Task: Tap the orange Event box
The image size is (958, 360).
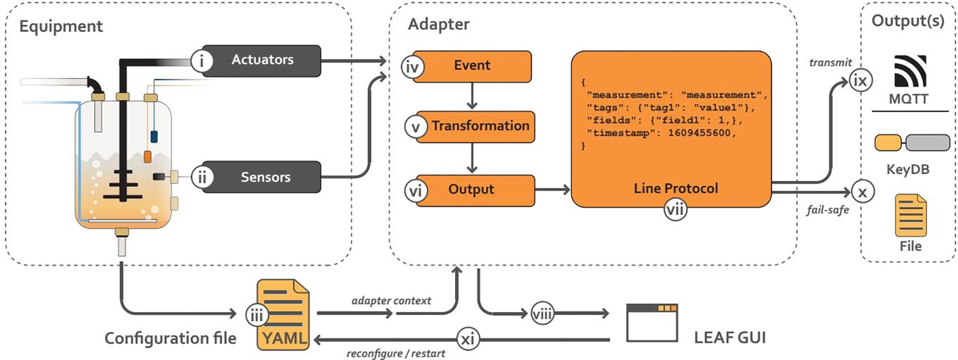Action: pyautogui.click(x=472, y=66)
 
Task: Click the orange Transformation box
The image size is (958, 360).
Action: pyautogui.click(x=475, y=127)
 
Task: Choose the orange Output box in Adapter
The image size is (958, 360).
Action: pyautogui.click(x=475, y=190)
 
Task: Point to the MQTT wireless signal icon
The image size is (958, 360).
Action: pyautogui.click(x=910, y=71)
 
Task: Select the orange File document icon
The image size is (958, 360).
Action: pyautogui.click(x=910, y=216)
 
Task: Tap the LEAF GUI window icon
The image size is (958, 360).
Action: pyautogui.click(x=652, y=323)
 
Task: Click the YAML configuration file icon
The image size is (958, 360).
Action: pyautogui.click(x=283, y=315)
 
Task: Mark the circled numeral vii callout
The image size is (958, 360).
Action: pyautogui.click(x=675, y=210)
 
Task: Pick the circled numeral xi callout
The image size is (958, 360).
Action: pyautogui.click(x=468, y=339)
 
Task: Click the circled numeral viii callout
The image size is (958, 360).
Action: pyautogui.click(x=542, y=313)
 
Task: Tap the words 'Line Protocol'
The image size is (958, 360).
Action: pyautogui.click(x=675, y=188)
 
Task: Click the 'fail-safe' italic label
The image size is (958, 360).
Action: pyautogui.click(x=827, y=210)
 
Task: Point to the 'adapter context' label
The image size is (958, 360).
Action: pyautogui.click(x=391, y=301)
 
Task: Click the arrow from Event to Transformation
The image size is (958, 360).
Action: pyautogui.click(x=472, y=96)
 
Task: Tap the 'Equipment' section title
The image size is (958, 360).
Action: pyautogui.click(x=61, y=26)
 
